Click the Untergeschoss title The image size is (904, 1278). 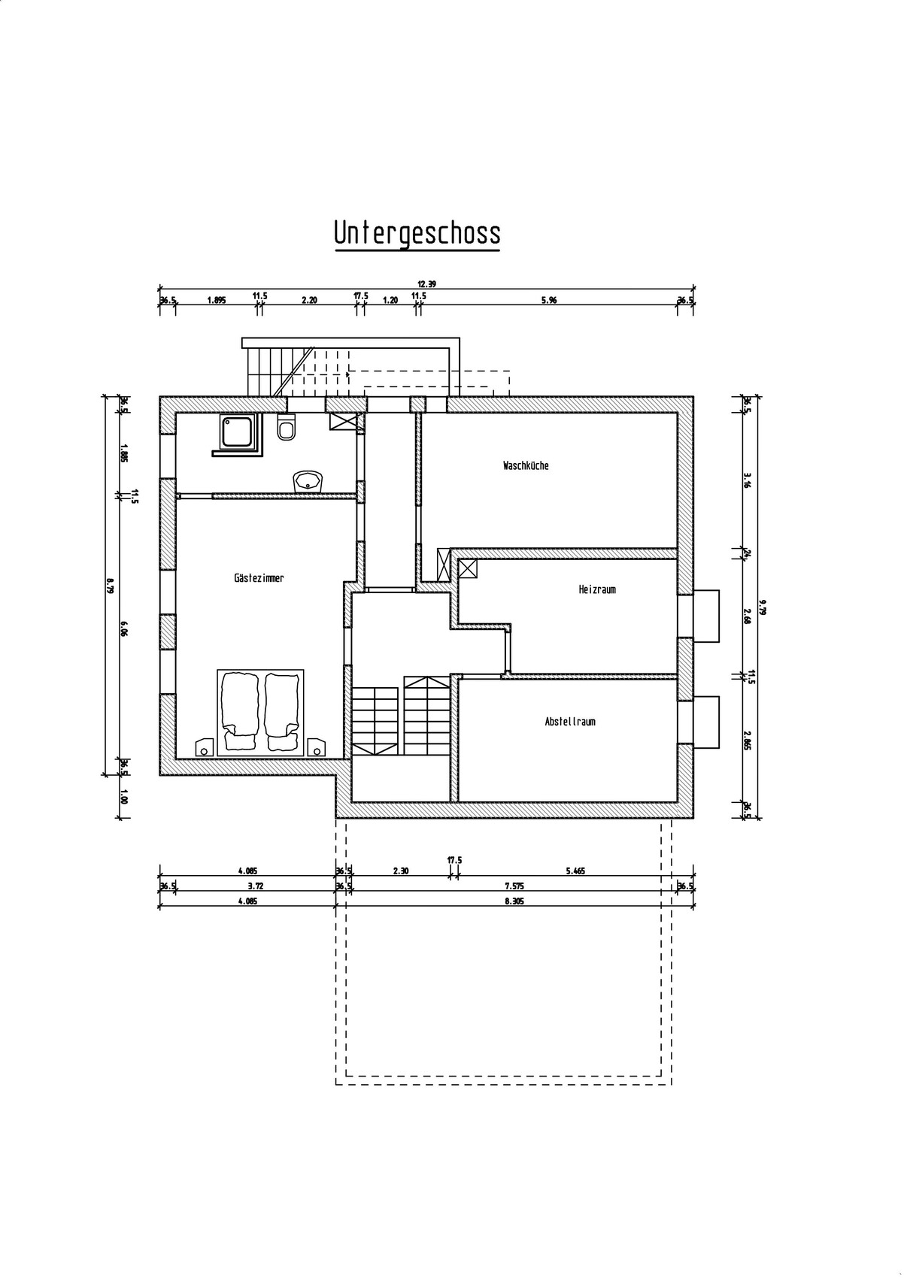coord(417,233)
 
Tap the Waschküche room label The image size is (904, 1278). coord(526,465)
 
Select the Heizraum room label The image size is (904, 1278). coord(597,589)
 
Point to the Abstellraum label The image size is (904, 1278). coord(569,722)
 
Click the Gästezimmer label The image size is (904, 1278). coord(259,578)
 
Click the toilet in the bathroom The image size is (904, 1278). coord(286,427)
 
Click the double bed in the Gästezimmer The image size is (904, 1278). coord(260,713)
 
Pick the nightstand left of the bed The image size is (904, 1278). coord(205,747)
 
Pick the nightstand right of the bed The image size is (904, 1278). coord(316,747)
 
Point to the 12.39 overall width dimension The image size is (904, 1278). coord(427,284)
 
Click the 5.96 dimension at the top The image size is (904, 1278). coord(549,301)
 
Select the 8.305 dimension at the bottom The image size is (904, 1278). coord(514,902)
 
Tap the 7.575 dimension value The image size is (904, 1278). coord(514,886)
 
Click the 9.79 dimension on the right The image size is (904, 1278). coord(763,607)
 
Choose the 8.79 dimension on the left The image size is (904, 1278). coord(110,586)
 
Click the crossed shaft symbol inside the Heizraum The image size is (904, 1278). coord(468,569)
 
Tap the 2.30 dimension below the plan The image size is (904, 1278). coord(401,871)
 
